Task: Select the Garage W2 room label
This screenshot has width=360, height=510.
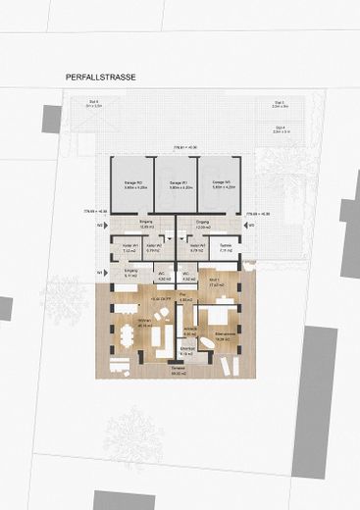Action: pos(135,184)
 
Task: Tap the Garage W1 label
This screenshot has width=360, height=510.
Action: pos(178,184)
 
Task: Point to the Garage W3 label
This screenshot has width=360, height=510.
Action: pos(220,184)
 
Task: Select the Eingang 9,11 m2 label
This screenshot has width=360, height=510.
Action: pos(130,274)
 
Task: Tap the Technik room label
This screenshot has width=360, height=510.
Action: pos(226,248)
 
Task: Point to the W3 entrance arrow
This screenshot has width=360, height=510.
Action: pos(250,226)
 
